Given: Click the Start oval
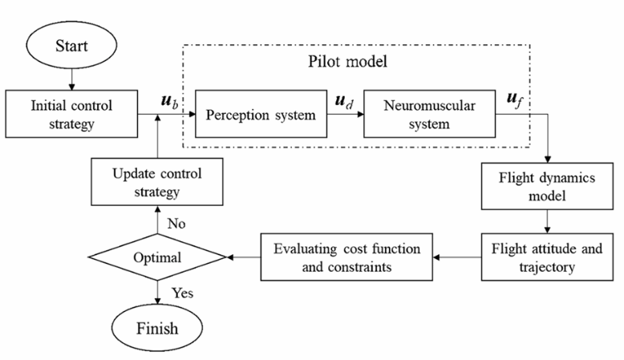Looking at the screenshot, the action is pos(71,45).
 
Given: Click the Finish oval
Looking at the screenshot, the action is pos(157,328).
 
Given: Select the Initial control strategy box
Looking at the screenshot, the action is pos(71,114).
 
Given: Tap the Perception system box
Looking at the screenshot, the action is pos(261,114).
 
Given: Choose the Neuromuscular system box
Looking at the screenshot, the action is pos(430,114).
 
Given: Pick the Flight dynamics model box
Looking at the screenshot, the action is pos(547,186).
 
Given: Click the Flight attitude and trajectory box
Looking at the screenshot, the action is pos(547,257).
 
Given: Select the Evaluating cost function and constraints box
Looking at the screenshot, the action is pos(346,257).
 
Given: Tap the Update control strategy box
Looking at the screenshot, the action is pos(157,182).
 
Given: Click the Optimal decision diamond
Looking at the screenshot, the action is pos(157,257).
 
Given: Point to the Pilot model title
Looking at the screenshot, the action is pos(347,61).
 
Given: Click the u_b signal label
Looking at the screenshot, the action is pos(169,101).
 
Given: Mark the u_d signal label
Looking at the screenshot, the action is pos(344,101).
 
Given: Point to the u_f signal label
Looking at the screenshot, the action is pos(514,99).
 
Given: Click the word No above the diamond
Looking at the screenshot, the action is pos(176,224).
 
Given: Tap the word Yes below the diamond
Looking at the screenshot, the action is pos(182,293).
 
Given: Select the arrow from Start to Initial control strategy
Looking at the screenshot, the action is pos(71,79).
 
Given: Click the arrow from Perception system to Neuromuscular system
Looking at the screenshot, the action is pos(346,114).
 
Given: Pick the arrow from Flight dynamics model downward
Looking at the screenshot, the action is pos(547,221).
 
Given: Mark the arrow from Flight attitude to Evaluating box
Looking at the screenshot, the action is pos(457,257).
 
